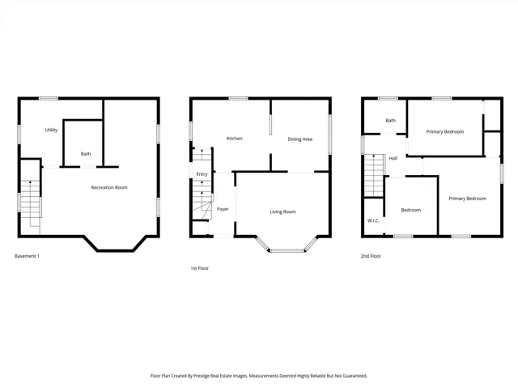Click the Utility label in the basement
[x=51, y=130]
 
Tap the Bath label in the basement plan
[x=86, y=154]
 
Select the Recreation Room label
[x=109, y=187]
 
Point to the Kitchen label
[x=234, y=139]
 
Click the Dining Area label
[x=300, y=139]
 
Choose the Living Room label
[x=282, y=212]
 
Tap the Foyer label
[x=223, y=209]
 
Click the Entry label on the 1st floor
[x=202, y=174]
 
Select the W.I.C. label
[x=373, y=220]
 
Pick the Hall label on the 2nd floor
[x=393, y=159]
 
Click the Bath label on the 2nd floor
[x=390, y=121]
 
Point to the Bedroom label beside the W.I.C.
[x=411, y=210]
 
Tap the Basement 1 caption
[x=27, y=256]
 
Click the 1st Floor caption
[x=200, y=268]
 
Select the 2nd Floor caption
[x=371, y=256]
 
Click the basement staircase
[x=31, y=203]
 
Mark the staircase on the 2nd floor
[x=374, y=176]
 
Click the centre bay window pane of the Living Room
[x=287, y=250]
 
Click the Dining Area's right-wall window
[x=329, y=135]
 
